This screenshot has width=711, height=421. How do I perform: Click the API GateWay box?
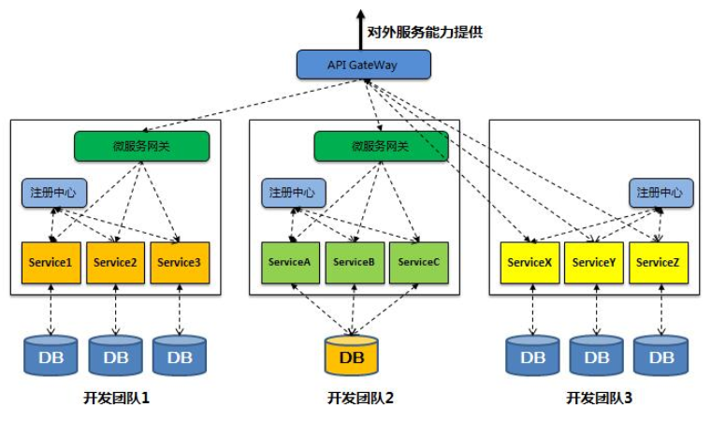point(364,64)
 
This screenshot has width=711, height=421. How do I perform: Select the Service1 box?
point(51,263)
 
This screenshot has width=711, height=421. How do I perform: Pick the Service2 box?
point(115,263)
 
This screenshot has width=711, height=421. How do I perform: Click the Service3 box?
point(179,263)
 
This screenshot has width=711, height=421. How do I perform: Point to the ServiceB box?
point(354,263)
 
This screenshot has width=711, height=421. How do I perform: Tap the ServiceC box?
point(418,263)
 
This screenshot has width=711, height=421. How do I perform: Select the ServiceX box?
point(530,263)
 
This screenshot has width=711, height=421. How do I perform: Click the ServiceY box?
point(593,263)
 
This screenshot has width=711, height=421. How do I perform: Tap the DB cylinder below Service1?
point(51,356)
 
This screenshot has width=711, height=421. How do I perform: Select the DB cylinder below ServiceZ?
point(660,356)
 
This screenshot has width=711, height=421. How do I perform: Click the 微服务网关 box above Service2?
point(141,146)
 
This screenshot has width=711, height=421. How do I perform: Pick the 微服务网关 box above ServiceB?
point(381,146)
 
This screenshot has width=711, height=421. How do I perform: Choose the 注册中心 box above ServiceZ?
point(660,193)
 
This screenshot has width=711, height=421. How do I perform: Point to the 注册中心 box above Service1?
point(54,193)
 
